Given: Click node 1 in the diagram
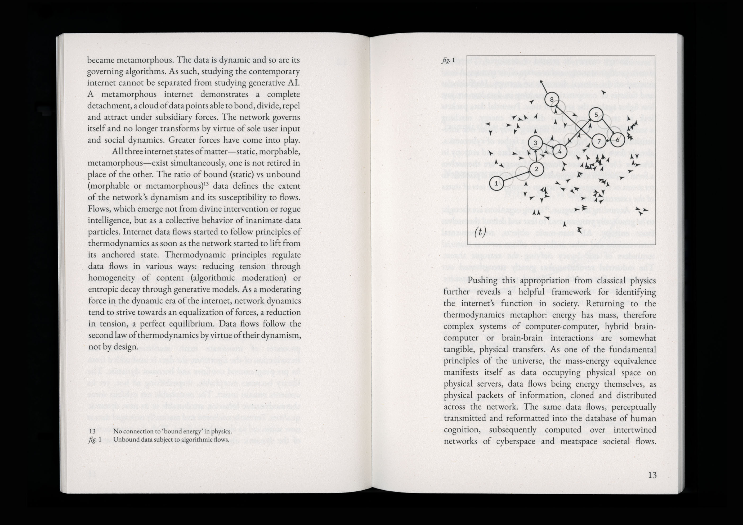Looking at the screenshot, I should (x=496, y=183).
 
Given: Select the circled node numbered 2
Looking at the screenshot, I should (x=536, y=169).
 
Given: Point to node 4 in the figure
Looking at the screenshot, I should (x=560, y=151).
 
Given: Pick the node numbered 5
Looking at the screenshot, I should (x=596, y=115).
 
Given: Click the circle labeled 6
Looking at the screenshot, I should (x=617, y=140).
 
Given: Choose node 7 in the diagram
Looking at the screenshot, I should (x=599, y=141).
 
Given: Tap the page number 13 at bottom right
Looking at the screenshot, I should (x=652, y=475).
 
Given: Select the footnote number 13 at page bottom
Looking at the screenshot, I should (x=92, y=431).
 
